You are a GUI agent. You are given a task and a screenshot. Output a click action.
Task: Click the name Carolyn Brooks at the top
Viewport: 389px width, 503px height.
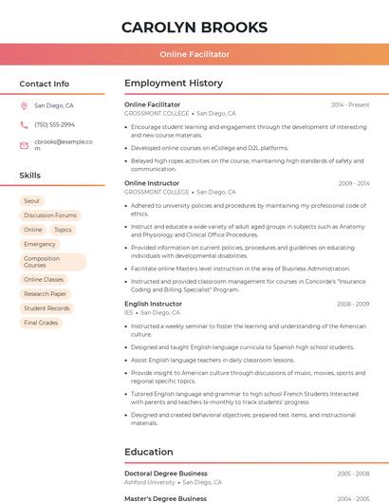coord(194,27)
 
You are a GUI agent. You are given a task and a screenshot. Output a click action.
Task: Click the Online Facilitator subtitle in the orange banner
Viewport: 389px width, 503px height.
coord(194,55)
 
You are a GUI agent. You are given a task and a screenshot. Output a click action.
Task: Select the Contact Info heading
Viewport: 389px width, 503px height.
coord(44,84)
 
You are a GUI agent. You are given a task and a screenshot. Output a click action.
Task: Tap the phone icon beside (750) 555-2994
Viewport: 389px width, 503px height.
coord(24,124)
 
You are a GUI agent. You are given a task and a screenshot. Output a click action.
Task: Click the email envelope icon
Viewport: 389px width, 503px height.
coord(24,145)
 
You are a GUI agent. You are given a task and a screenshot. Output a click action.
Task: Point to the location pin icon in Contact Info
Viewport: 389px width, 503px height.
coord(24,106)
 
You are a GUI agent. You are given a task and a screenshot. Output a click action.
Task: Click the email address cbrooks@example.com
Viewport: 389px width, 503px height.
coord(64,144)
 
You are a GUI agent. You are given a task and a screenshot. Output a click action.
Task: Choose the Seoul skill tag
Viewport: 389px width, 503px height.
coord(31,201)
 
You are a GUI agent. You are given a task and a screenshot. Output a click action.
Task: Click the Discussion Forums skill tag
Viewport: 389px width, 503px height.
coord(50,215)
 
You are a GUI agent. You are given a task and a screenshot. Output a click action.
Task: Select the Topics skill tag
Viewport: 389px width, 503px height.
coord(63,230)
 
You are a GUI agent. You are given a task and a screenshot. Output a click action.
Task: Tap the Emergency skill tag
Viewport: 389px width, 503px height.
coord(40,244)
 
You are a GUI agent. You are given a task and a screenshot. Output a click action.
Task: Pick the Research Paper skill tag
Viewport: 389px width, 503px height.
coord(46,294)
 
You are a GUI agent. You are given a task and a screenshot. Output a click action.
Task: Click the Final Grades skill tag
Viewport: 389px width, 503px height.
coord(41,323)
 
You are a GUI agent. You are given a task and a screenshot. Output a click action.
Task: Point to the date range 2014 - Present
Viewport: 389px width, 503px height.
coord(350,104)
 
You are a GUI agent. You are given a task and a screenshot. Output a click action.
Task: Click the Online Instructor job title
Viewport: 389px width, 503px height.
coord(152,183)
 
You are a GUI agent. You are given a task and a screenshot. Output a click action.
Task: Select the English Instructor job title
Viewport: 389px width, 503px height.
coord(153,304)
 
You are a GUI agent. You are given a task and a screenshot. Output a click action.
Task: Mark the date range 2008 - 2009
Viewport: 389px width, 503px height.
coord(353,304)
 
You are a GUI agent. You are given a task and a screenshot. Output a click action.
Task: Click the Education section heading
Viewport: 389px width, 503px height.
coord(149,452)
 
